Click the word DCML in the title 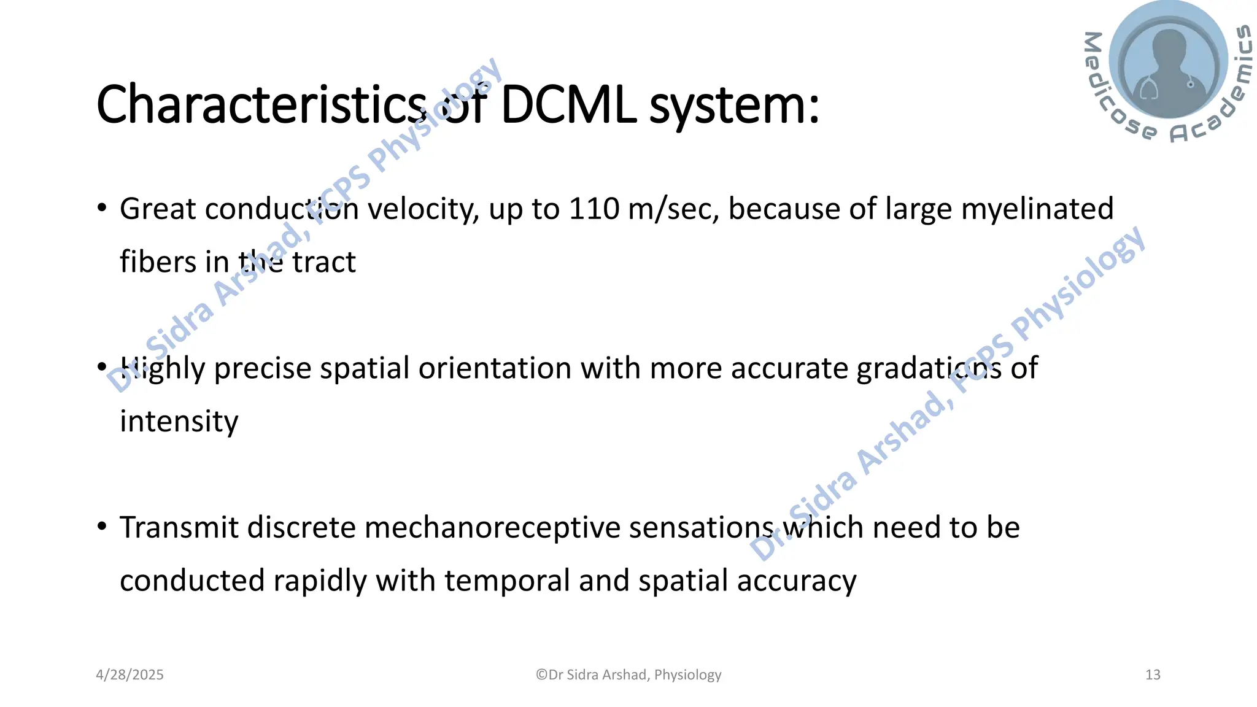coord(568,105)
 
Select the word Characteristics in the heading coord(261,105)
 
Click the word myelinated coord(1037,210)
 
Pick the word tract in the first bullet coord(323,262)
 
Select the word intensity coord(179,422)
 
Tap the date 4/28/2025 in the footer coord(130,675)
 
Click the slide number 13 coord(1153,675)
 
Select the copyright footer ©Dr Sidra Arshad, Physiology coord(628,675)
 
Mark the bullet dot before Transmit coord(102,526)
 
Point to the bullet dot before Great coord(102,207)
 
